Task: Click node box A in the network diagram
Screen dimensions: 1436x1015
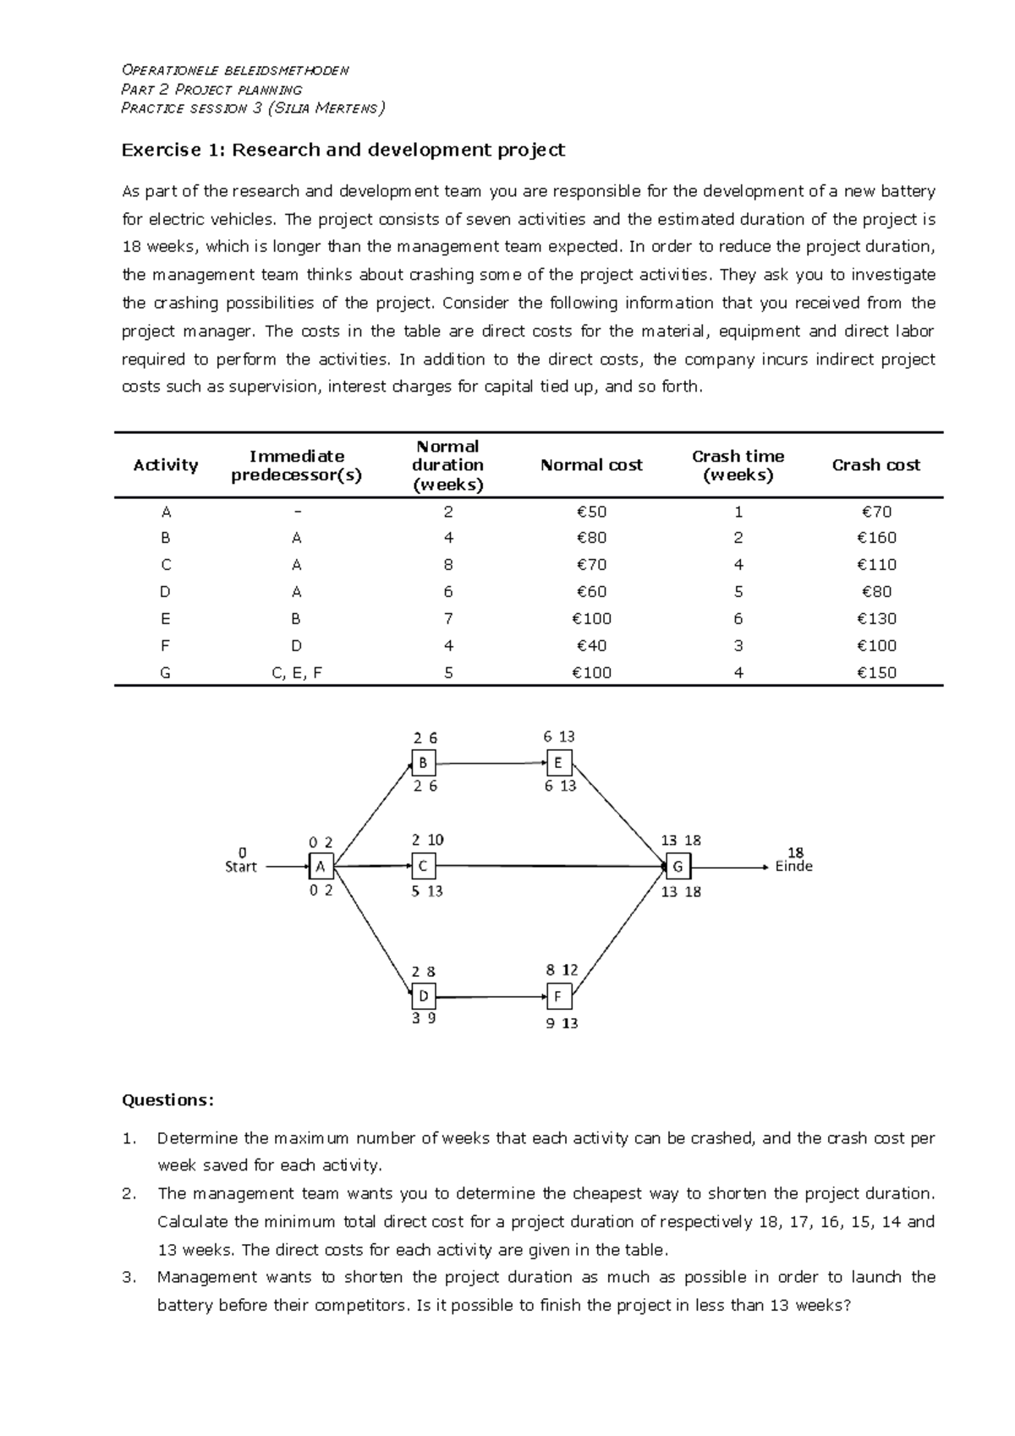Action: (x=321, y=866)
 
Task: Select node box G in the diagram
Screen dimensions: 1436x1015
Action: (x=678, y=866)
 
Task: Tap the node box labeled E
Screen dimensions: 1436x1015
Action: (x=559, y=763)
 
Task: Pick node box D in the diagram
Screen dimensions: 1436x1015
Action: (x=424, y=995)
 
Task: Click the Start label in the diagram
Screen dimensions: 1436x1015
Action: (x=241, y=866)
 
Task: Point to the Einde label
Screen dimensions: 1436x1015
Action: (x=793, y=866)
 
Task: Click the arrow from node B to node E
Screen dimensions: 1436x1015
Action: (x=491, y=763)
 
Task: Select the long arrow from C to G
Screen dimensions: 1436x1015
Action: (x=550, y=866)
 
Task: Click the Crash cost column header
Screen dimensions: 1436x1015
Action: (x=875, y=465)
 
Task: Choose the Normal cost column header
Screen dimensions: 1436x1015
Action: (x=591, y=465)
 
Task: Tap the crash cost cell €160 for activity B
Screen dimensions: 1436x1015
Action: (x=875, y=538)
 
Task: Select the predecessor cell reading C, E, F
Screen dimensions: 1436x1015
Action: (x=296, y=673)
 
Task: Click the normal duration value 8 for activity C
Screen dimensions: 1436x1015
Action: (x=448, y=565)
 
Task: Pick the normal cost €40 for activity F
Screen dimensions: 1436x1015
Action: (x=591, y=646)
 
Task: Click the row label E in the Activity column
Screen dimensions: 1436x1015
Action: (x=166, y=619)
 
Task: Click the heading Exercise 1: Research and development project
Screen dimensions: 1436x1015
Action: (x=343, y=151)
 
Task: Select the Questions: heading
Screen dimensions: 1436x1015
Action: (x=167, y=1100)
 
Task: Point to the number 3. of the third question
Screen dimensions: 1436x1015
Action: (x=129, y=1277)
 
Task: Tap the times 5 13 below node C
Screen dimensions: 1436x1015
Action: (x=427, y=891)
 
